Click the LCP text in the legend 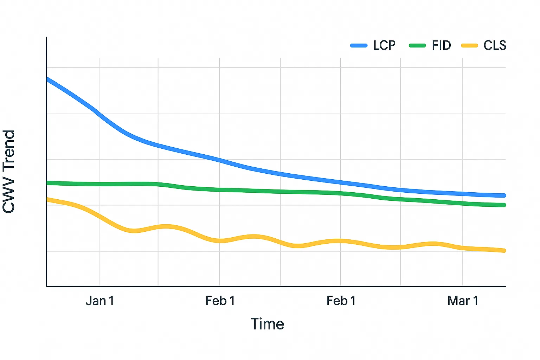pyautogui.click(x=384, y=45)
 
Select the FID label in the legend pyautogui.click(x=441, y=45)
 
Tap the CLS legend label pyautogui.click(x=495, y=45)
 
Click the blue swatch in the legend pyautogui.click(x=359, y=45)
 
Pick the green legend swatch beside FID pyautogui.click(x=417, y=45)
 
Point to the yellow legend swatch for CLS pyautogui.click(x=469, y=45)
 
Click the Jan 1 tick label pyautogui.click(x=100, y=301)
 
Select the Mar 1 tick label pyautogui.click(x=463, y=301)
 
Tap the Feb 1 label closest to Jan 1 pyautogui.click(x=220, y=301)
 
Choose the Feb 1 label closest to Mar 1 pyautogui.click(x=341, y=301)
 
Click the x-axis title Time pyautogui.click(x=268, y=324)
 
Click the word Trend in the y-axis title pyautogui.click(x=9, y=149)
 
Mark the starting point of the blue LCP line pyautogui.click(x=48, y=80)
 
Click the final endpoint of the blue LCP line pyautogui.click(x=504, y=195)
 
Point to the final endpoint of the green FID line pyautogui.click(x=504, y=205)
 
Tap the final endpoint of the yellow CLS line pyautogui.click(x=504, y=251)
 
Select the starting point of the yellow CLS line pyautogui.click(x=48, y=200)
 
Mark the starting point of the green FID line pyautogui.click(x=48, y=183)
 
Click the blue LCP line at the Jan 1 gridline pyautogui.click(x=100, y=115)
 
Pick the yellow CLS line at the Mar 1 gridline pyautogui.click(x=462, y=248)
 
